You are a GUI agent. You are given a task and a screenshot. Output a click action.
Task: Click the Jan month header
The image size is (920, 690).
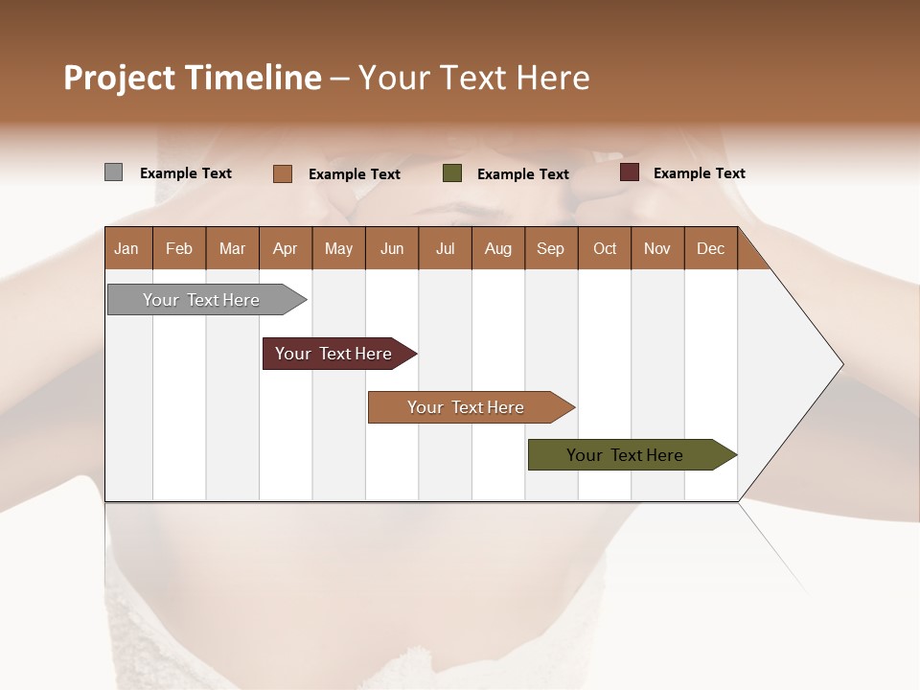coord(127,248)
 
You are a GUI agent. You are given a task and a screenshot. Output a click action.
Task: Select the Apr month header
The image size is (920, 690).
coord(286,248)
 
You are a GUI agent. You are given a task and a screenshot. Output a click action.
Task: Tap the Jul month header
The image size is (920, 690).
coord(446,248)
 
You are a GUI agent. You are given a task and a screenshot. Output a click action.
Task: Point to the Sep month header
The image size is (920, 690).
coord(551,248)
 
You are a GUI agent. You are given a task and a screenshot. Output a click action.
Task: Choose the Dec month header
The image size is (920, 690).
coord(710,248)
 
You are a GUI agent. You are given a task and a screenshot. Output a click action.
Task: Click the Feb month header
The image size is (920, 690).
coord(179,248)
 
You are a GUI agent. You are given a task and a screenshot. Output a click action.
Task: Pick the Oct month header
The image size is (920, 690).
coord(605,248)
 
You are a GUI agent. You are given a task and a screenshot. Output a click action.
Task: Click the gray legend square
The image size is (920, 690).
coord(114,172)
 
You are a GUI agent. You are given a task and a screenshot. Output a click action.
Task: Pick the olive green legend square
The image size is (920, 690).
coord(452,173)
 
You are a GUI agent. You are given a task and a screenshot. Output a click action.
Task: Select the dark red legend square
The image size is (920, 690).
coord(630,172)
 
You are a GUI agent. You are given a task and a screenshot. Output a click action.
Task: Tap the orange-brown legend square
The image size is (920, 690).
coord(283,173)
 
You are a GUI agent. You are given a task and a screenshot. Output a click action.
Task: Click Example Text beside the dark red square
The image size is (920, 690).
coord(699,173)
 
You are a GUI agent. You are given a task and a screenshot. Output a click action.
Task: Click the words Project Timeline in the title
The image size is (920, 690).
coord(193,78)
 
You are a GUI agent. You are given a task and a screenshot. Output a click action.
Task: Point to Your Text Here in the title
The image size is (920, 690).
coord(474,78)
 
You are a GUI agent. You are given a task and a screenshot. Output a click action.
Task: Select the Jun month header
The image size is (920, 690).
coord(392,248)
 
